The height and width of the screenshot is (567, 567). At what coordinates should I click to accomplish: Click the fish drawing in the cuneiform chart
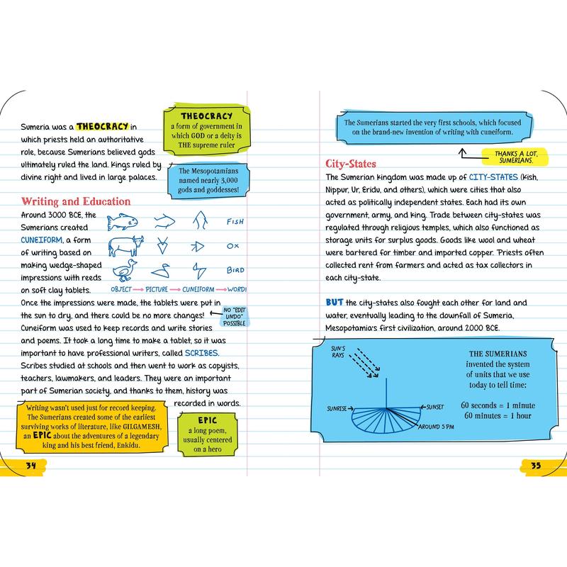(122, 222)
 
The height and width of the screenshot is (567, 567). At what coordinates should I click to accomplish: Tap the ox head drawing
(125, 246)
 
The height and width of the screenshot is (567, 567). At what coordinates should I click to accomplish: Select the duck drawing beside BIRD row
(125, 271)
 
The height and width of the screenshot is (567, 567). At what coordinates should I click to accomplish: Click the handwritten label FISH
(235, 222)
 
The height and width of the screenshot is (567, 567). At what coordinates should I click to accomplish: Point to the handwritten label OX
(231, 247)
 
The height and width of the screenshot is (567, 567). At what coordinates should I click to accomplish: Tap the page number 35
(536, 465)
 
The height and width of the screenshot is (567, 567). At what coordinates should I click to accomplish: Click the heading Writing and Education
(76, 202)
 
